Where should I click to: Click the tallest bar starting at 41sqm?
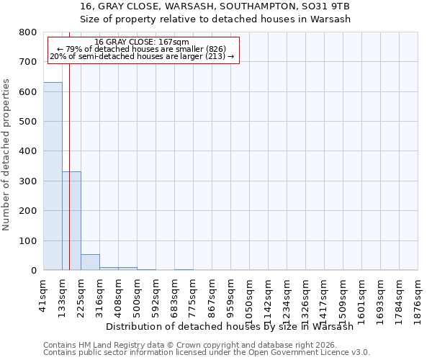pyautogui.click(x=53, y=176)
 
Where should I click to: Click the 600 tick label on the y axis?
pyautogui.click(x=28, y=92)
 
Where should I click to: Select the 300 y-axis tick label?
pyautogui.click(x=28, y=181)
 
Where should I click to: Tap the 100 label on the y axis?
pyautogui.click(x=28, y=241)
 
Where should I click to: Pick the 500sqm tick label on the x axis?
pyautogui.click(x=137, y=294)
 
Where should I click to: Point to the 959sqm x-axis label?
pyautogui.click(x=230, y=294)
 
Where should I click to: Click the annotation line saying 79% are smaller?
pyautogui.click(x=142, y=49)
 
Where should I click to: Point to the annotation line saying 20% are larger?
pyautogui.click(x=142, y=56)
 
